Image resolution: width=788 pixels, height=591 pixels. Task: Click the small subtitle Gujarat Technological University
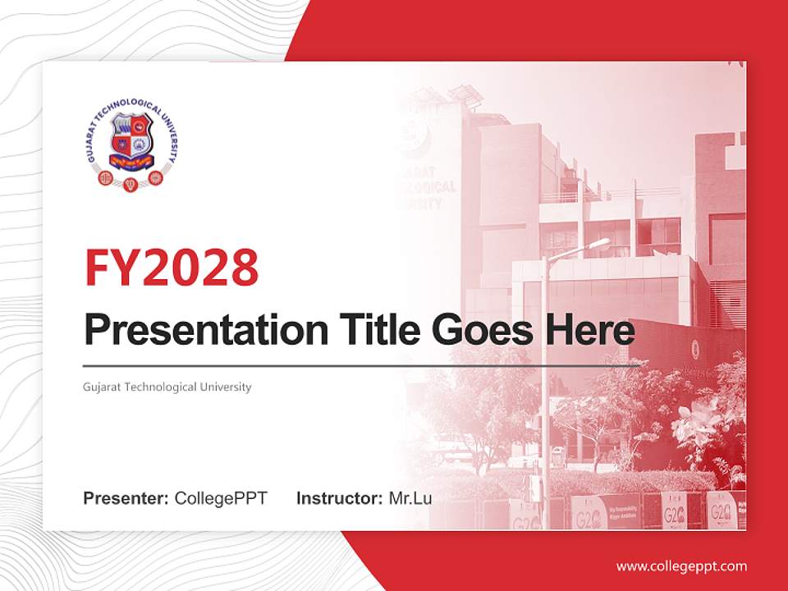(167, 387)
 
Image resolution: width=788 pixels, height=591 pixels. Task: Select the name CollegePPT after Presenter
(221, 498)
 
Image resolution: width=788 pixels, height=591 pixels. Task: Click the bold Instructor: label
(339, 498)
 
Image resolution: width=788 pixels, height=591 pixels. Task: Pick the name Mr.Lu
(410, 498)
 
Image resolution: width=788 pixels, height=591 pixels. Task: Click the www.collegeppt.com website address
(681, 566)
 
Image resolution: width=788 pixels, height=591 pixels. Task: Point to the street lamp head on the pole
(597, 244)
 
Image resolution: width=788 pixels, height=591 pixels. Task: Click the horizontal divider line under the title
(361, 365)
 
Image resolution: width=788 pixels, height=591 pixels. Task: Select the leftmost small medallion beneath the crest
(105, 177)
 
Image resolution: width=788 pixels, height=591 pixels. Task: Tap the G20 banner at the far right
(722, 511)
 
